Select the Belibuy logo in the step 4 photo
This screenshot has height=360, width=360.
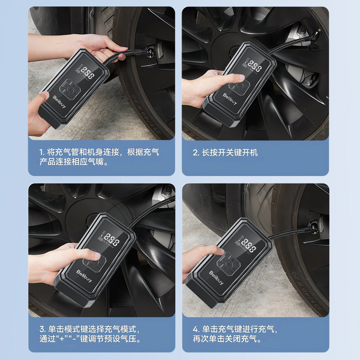click(x=217, y=278)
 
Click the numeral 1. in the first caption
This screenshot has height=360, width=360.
click(x=42, y=152)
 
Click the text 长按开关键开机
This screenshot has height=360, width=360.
click(x=229, y=152)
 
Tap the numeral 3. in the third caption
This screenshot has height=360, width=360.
click(x=42, y=329)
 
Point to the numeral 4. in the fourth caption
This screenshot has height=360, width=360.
click(x=195, y=329)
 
